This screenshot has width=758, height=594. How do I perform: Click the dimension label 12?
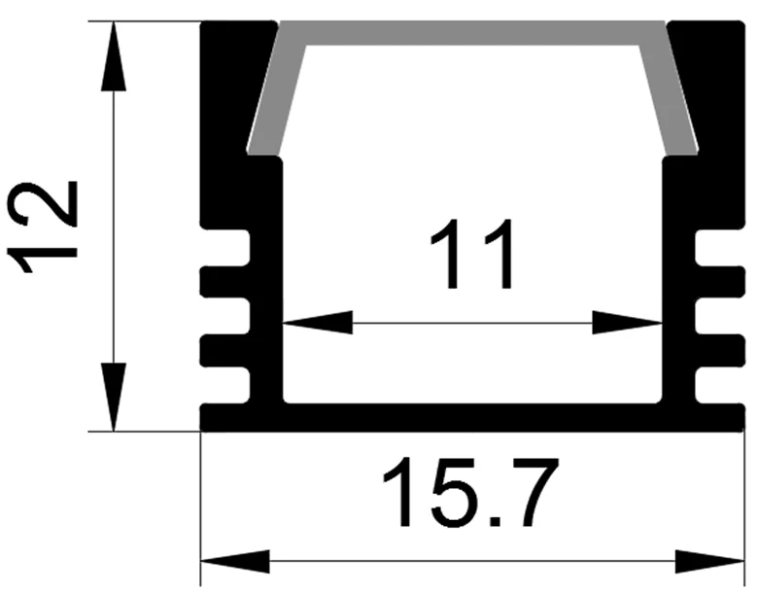(43, 227)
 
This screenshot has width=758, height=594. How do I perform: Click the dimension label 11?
(471, 255)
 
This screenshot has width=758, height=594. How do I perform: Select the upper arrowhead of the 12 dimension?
(114, 56)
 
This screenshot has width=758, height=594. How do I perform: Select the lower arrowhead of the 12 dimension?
(114, 397)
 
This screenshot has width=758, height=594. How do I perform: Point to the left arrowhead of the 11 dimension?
(318, 322)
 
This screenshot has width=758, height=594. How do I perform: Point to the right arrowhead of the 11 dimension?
(627, 322)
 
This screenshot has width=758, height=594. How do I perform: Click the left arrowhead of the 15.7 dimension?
(235, 561)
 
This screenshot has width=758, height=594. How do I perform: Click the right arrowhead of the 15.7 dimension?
(709, 561)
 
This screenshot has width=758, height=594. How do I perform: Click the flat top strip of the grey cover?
(472, 33)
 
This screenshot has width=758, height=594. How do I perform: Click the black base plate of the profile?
(472, 417)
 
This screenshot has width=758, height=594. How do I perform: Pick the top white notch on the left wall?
(226, 248)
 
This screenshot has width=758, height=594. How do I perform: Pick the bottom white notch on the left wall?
(226, 385)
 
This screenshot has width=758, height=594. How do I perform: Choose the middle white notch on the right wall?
(719, 316)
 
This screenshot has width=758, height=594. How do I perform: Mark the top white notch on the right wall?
(719, 248)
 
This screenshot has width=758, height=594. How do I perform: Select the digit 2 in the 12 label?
(43, 203)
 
